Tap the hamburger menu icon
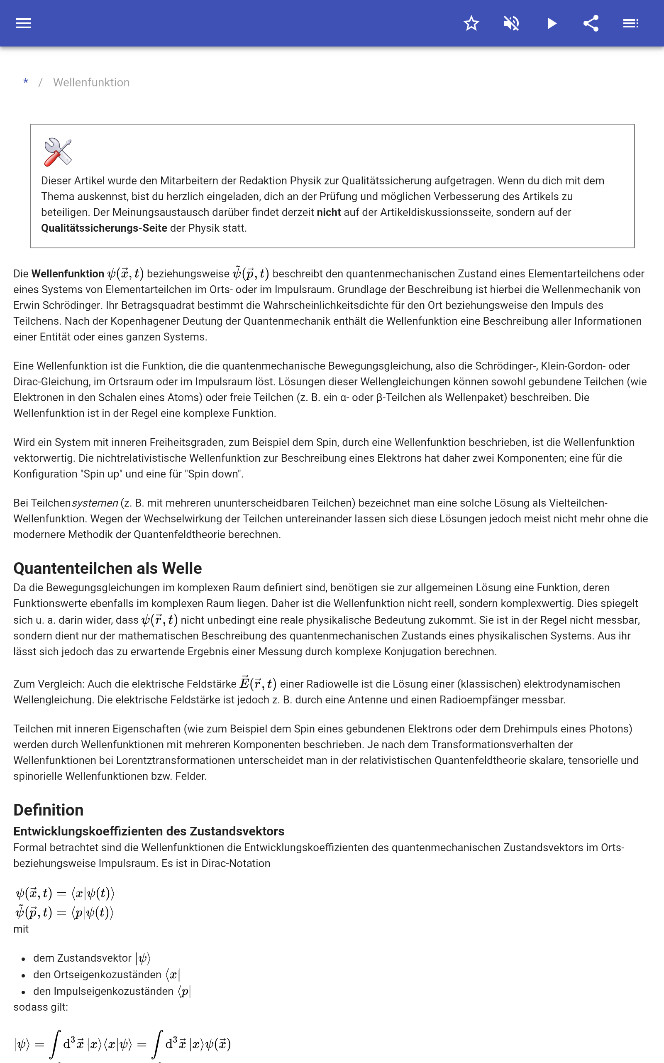(23, 23)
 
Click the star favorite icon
(471, 23)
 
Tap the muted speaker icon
(511, 23)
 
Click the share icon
(591, 23)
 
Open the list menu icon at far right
(631, 23)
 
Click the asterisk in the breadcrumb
(26, 82)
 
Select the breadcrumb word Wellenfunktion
(91, 83)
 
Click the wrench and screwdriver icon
(58, 152)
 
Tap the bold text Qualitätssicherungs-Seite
(104, 228)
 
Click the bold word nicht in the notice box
(329, 212)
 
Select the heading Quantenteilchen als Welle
(107, 568)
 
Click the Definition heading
(48, 810)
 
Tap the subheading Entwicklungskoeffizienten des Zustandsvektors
(149, 831)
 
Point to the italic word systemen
(95, 503)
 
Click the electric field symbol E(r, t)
(258, 683)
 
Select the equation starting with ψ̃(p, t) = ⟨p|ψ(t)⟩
(65, 913)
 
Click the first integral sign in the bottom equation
(55, 1045)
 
